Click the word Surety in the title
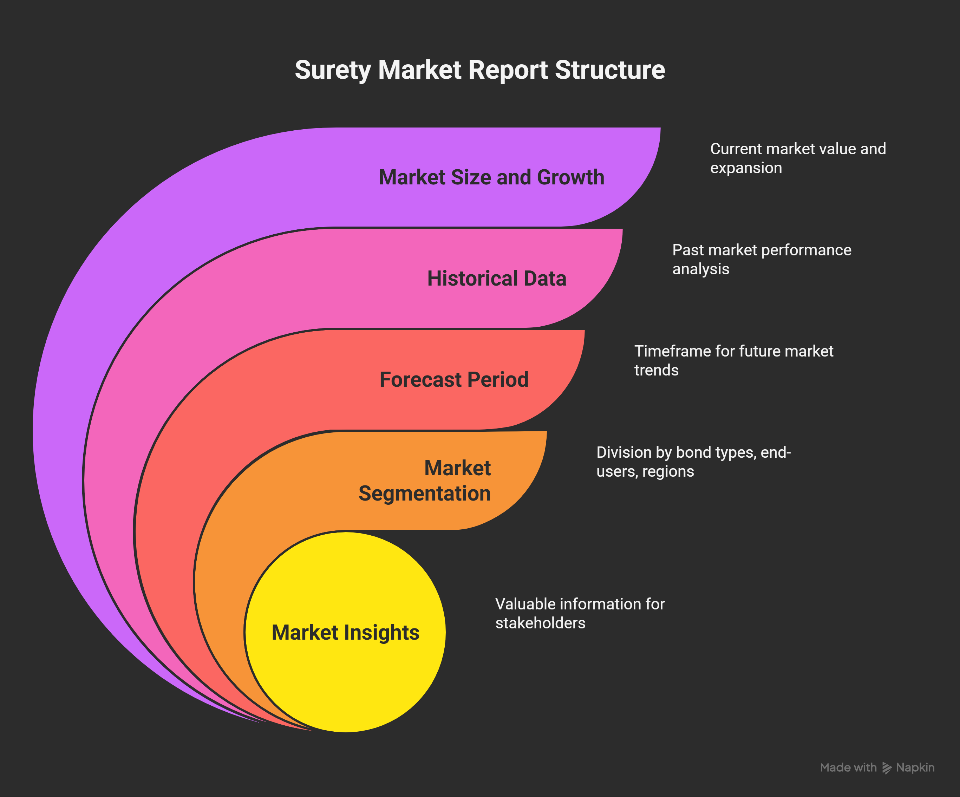(333, 70)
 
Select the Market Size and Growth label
(491, 177)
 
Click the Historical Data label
(496, 279)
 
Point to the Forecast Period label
(454, 379)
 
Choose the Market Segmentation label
(425, 481)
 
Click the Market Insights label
(345, 632)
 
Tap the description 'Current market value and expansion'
(798, 158)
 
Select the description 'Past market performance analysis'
(762, 259)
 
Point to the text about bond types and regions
(693, 461)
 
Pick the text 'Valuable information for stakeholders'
(580, 613)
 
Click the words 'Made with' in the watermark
(848, 767)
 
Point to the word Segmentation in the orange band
(425, 494)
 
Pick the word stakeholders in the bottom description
(540, 623)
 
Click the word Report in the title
(508, 70)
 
